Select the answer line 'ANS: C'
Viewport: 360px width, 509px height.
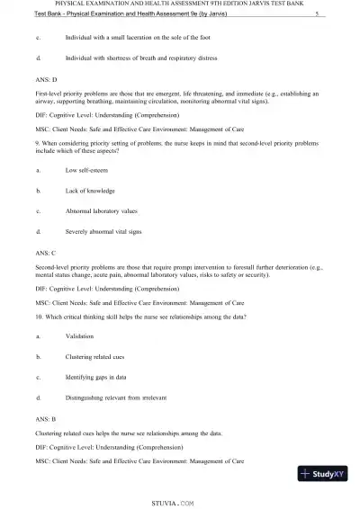point(46,254)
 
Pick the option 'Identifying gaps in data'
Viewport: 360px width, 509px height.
point(101,378)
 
